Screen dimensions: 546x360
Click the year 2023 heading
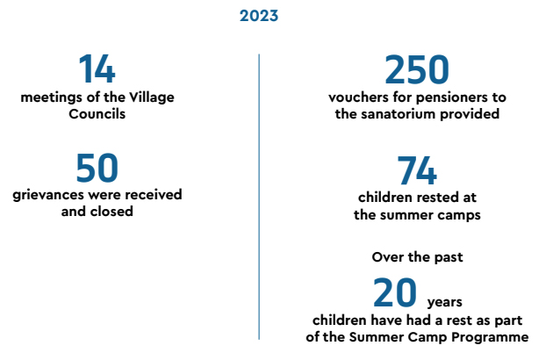[259, 16]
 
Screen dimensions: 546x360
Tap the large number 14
[97, 68]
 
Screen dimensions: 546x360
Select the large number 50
[97, 169]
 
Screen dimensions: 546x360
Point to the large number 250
[417, 69]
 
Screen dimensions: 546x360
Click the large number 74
[417, 170]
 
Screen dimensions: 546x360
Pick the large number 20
[394, 292]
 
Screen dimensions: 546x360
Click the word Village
[152, 97]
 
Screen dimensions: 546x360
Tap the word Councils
[97, 114]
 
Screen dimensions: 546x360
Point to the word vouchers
[358, 97]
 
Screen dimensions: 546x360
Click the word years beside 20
[445, 302]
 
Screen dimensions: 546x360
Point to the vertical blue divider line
[259, 197]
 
